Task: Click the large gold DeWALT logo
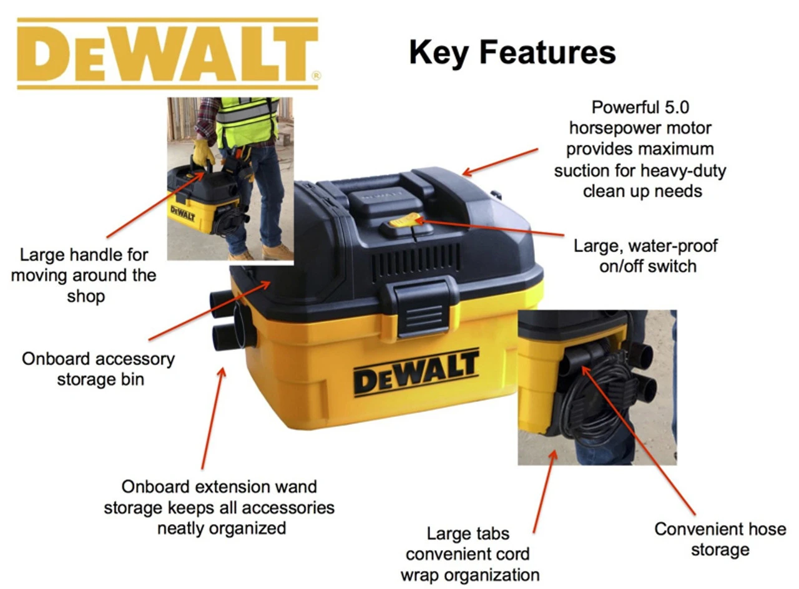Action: coord(168,54)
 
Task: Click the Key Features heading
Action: coord(512,53)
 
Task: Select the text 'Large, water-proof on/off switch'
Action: coord(645,256)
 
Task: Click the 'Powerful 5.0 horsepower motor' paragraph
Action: coord(640,149)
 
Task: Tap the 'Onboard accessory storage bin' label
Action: coord(99,369)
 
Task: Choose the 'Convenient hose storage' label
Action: coord(720,538)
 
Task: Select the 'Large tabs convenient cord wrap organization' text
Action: coord(469,554)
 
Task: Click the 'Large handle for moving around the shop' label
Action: coord(84,275)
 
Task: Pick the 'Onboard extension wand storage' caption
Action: coord(219,507)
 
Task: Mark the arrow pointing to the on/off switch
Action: coord(490,228)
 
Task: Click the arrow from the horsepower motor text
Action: coord(500,162)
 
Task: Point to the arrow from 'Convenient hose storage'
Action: coord(639,440)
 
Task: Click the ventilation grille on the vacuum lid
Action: coord(416,259)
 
